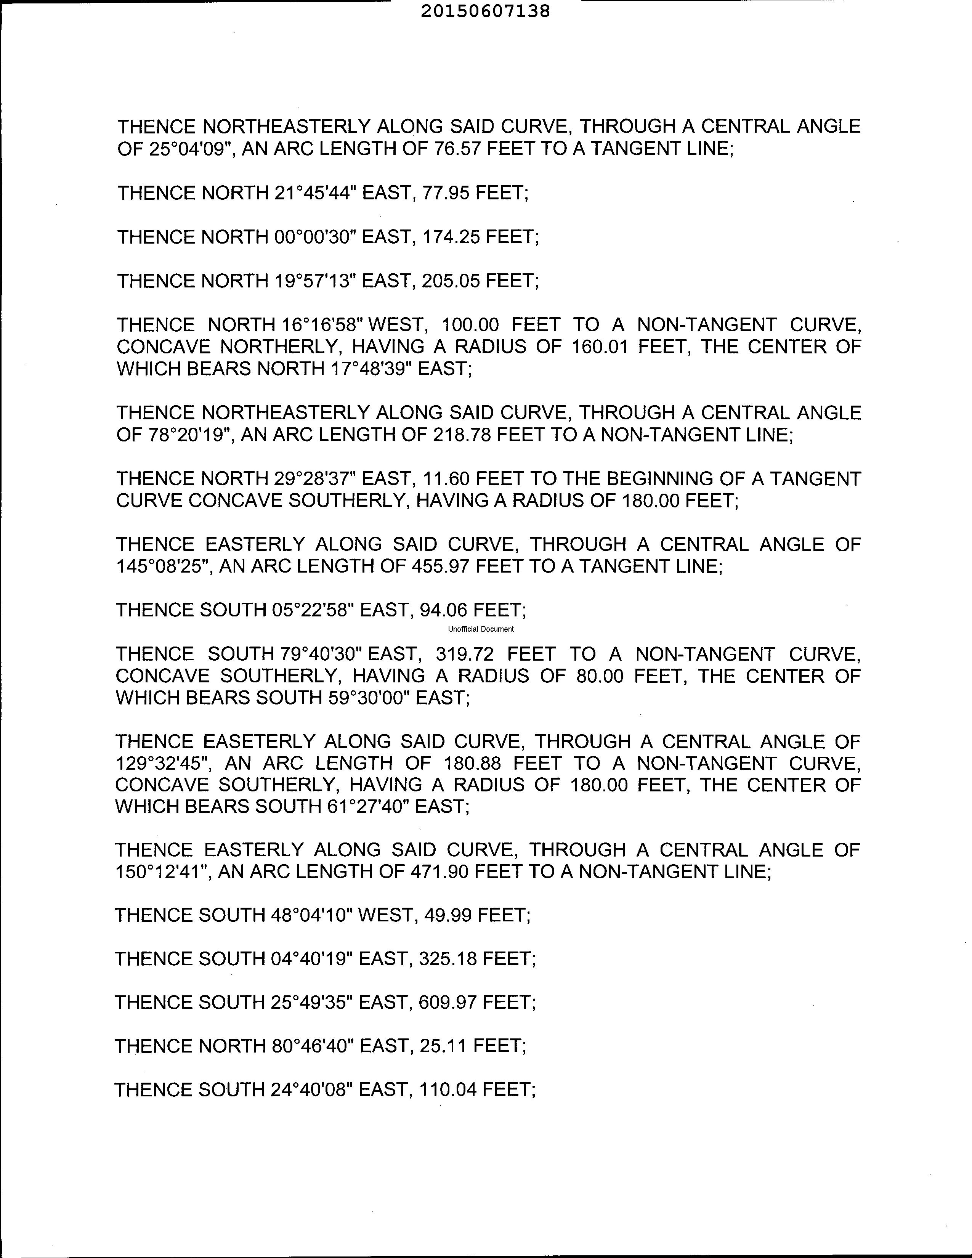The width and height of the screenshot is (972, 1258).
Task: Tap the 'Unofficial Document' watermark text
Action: pos(481,629)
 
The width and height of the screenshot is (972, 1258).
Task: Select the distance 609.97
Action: pos(448,1003)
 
